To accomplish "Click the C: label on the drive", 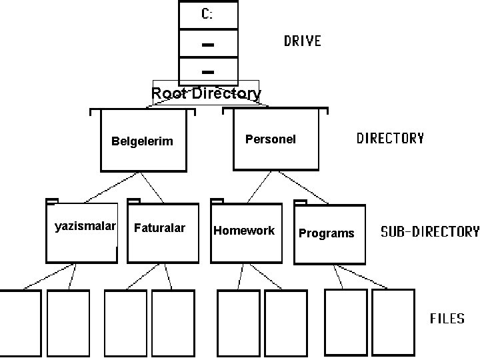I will pyautogui.click(x=207, y=14).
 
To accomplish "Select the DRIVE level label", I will pyautogui.click(x=303, y=41).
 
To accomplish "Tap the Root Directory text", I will pyautogui.click(x=206, y=93).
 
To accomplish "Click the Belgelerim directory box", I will pyautogui.click(x=141, y=141).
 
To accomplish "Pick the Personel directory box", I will pyautogui.click(x=270, y=139).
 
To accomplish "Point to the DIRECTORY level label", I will pyautogui.click(x=390, y=139).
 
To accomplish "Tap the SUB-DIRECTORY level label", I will pyautogui.click(x=429, y=232).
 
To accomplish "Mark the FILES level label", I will pyautogui.click(x=447, y=319).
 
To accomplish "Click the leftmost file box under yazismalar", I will pyautogui.click(x=20, y=323).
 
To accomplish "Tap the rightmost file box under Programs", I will pyautogui.click(x=393, y=323).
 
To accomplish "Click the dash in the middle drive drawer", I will pyautogui.click(x=207, y=45).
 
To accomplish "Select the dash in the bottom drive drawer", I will pyautogui.click(x=207, y=71).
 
